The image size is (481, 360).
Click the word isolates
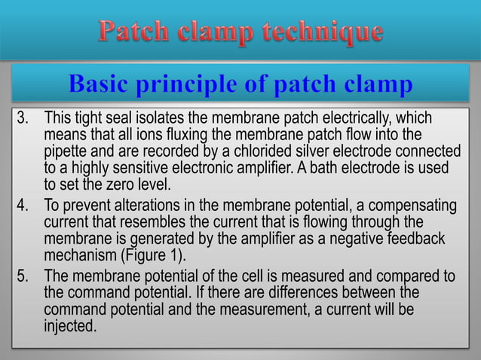tap(186, 120)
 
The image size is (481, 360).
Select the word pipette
tap(67, 153)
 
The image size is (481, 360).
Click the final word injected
tap(70, 326)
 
